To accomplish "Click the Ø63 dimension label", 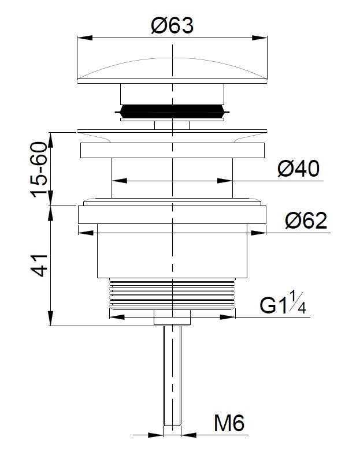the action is (172, 25).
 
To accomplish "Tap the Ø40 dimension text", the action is (299, 169).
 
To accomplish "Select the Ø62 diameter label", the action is (306, 221).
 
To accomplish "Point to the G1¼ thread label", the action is (283, 303).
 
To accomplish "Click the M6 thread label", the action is (229, 423).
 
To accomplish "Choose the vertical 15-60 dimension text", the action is (39, 170).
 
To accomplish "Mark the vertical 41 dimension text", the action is (39, 265).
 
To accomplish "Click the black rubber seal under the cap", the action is (172, 111).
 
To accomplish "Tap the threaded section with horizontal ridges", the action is (172, 293).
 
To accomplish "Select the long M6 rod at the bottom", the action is (172, 375).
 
